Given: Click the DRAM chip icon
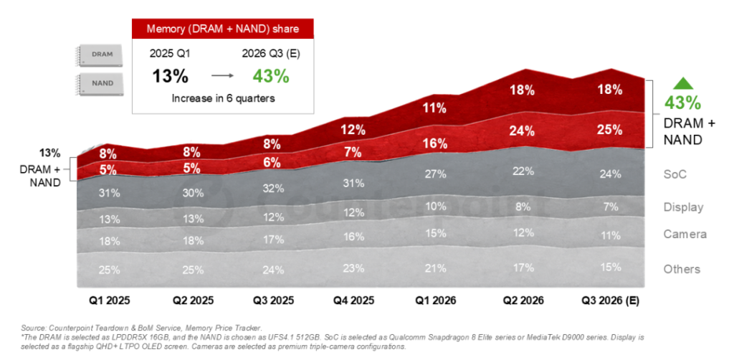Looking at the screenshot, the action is [x=101, y=55].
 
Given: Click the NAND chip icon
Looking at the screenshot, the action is [x=101, y=83].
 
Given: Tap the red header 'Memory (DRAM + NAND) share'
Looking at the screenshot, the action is [x=222, y=29].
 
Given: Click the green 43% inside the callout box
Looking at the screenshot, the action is [x=270, y=76].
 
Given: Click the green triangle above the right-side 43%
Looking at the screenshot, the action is [x=683, y=84].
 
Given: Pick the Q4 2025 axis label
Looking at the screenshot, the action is [x=354, y=300].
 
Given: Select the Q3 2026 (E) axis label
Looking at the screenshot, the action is [x=610, y=300].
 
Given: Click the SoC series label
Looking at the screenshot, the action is [x=675, y=174].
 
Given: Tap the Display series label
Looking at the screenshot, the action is [x=683, y=207].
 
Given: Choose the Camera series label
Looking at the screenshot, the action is [x=685, y=235].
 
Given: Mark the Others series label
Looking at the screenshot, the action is [x=682, y=269].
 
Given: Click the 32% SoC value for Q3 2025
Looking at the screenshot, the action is [x=273, y=189].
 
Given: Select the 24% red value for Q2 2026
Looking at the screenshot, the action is [x=523, y=131].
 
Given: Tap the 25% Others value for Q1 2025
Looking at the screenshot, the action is [x=109, y=270].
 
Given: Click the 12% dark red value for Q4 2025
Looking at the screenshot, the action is [x=354, y=131].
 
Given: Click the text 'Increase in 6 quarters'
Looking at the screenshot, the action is [x=222, y=99].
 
